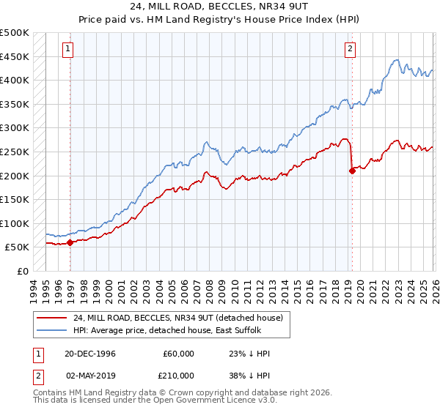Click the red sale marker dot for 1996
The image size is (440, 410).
70,242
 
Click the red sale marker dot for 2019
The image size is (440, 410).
352,171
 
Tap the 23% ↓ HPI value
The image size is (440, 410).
249,354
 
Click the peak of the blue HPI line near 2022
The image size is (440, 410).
396,60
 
